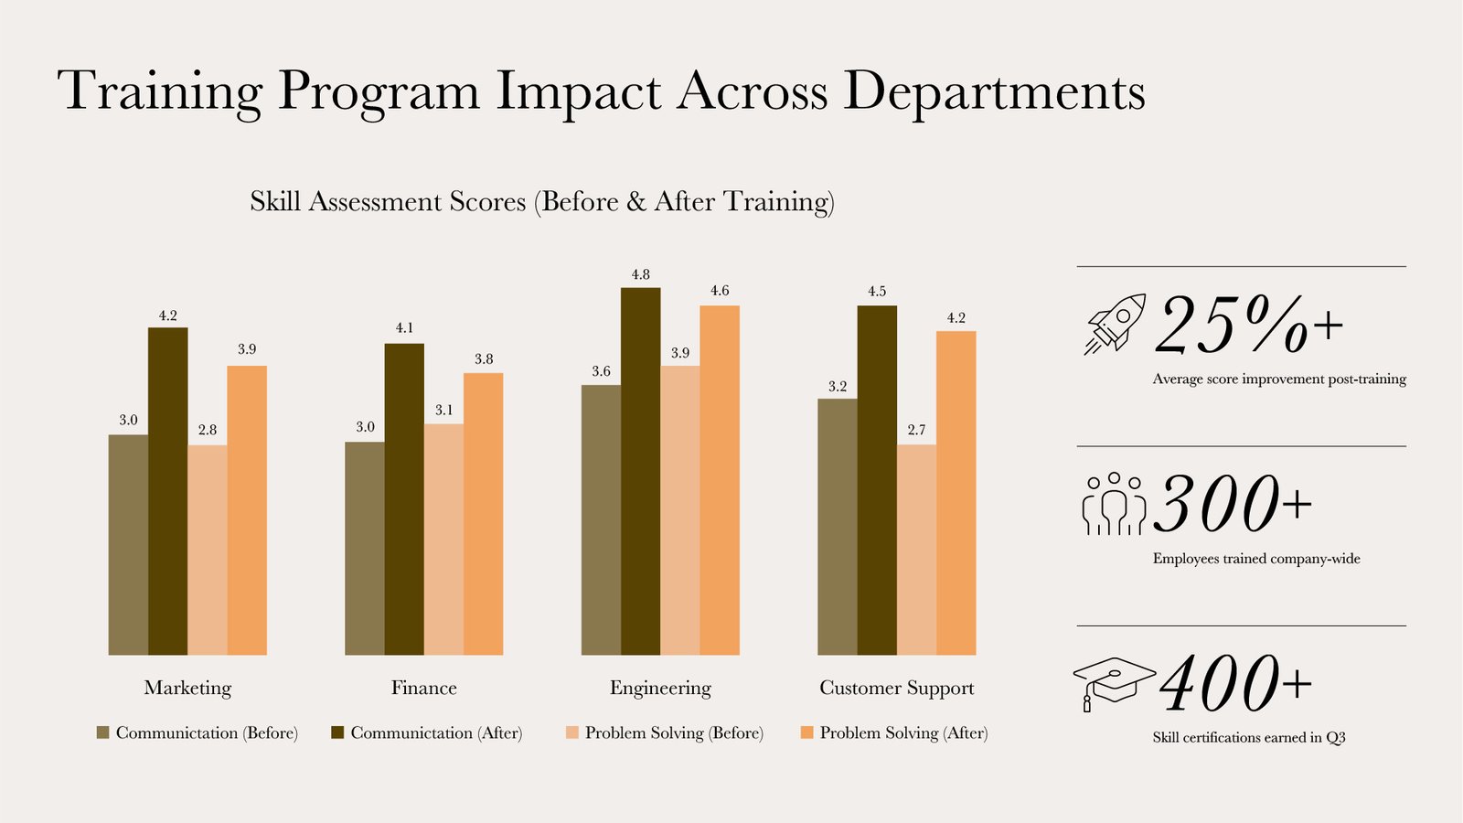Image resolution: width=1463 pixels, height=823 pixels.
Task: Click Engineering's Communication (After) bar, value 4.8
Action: click(640, 471)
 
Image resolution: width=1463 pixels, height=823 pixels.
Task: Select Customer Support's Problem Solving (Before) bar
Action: click(916, 550)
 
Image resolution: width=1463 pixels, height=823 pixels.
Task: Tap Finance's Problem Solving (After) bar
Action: click(483, 513)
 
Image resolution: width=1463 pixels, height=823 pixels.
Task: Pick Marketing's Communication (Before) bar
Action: click(128, 544)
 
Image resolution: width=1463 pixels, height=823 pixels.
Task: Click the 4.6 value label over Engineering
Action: click(720, 291)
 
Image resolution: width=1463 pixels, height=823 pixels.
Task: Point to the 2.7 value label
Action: click(916, 430)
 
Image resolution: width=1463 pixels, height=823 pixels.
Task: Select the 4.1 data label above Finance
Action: click(404, 327)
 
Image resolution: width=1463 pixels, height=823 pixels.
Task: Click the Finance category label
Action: click(423, 688)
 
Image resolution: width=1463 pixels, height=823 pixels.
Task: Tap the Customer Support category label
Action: click(896, 688)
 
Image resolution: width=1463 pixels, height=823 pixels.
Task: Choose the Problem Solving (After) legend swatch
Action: click(806, 732)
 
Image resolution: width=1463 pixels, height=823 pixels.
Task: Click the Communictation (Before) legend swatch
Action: click(102, 732)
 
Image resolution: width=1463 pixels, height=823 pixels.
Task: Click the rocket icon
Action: click(1115, 324)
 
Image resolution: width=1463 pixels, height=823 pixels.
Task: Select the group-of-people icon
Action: click(1113, 503)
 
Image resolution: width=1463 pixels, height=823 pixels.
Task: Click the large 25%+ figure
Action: click(1247, 325)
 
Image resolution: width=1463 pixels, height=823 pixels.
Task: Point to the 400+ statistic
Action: click(1234, 684)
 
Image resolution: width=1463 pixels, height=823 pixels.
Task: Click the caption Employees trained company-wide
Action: click(1255, 559)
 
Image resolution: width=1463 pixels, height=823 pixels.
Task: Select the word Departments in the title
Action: click(994, 91)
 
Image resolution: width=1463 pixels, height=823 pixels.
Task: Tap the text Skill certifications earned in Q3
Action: click(1248, 737)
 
